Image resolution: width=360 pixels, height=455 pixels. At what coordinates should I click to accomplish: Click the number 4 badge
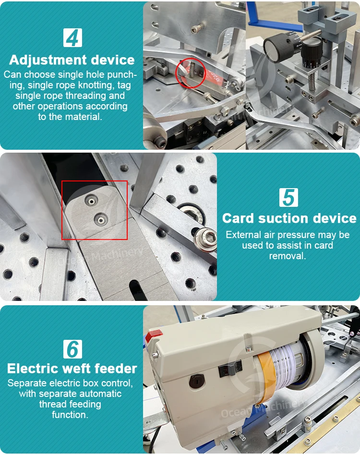point(72,38)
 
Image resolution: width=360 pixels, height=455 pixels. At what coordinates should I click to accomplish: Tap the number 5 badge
point(288,197)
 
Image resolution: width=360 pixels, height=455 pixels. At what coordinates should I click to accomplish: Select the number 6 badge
point(72,349)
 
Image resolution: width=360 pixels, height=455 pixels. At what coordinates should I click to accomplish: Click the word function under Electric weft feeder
point(70,415)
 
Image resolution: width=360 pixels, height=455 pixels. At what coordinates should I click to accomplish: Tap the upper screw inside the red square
point(92,201)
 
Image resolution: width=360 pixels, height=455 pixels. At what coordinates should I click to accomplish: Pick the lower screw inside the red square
point(101,220)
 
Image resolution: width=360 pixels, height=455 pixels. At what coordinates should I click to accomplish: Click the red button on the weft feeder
point(153,336)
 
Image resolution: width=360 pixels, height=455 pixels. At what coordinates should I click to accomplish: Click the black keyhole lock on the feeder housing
point(197,381)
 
